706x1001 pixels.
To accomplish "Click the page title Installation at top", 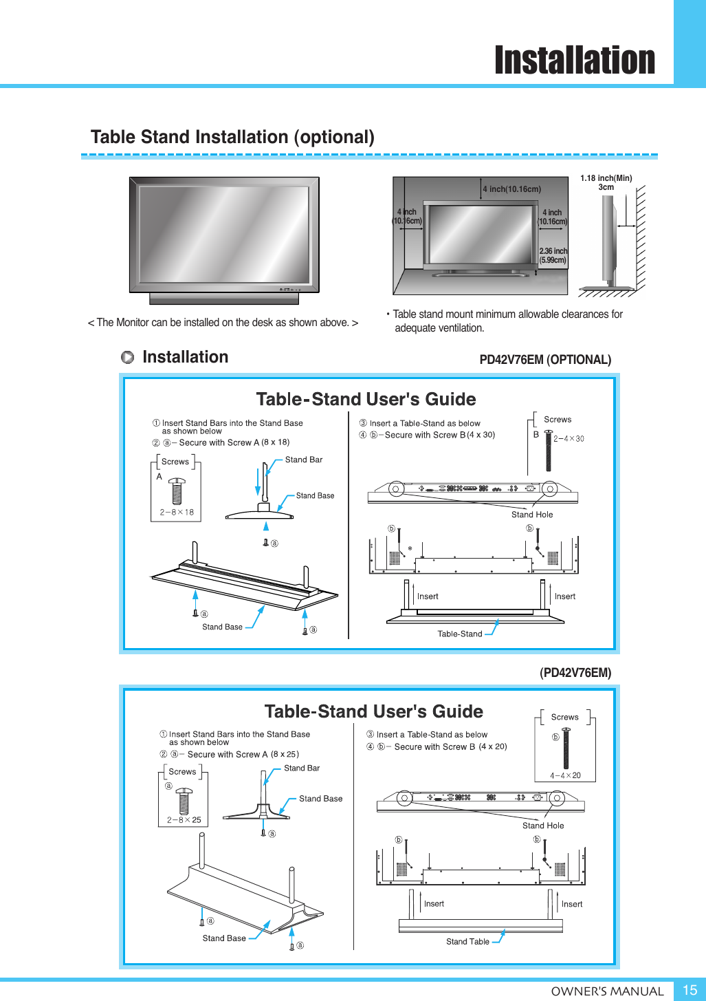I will click(575, 61).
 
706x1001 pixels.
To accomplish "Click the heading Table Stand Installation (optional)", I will click(232, 137).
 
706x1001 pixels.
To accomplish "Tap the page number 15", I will click(690, 989).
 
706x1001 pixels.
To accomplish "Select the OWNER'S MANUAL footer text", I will click(607, 991).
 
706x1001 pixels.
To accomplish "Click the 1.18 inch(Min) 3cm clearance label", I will click(606, 182).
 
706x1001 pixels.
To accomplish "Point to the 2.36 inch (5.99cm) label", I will click(553, 256).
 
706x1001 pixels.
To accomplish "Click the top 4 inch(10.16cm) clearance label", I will click(511, 189).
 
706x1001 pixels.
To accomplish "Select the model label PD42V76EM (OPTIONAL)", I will click(544, 360).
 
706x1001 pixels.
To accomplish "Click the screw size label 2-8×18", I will click(177, 512).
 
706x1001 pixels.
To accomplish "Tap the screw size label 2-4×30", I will click(569, 438).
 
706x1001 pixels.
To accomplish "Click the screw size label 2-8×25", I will click(184, 819).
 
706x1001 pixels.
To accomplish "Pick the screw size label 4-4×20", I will click(565, 775).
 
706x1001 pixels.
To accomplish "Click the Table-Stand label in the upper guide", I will click(459, 634).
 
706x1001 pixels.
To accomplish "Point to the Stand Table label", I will click(467, 941).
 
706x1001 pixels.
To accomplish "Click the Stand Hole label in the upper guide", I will click(531, 515).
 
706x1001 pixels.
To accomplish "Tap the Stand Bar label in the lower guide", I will click(302, 768).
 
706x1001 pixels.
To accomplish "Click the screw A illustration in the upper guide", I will click(177, 491).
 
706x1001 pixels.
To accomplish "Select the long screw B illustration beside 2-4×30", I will click(548, 451).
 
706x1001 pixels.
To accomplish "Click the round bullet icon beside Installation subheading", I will click(127, 357).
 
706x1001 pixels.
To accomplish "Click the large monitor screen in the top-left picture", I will click(224, 234).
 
